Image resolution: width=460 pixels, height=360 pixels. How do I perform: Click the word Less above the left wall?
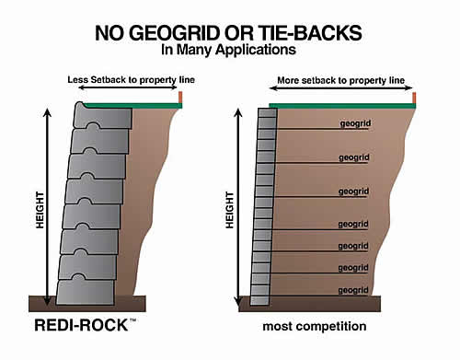pos(79,80)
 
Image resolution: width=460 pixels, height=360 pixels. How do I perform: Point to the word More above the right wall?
pos(289,80)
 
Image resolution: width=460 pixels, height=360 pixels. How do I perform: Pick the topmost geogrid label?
pos(354,122)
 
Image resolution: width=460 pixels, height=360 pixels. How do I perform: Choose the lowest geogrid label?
pos(354,290)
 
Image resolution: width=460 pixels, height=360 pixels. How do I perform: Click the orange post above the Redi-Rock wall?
pos(181,98)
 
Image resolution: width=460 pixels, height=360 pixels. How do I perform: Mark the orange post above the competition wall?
pos(415,98)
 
